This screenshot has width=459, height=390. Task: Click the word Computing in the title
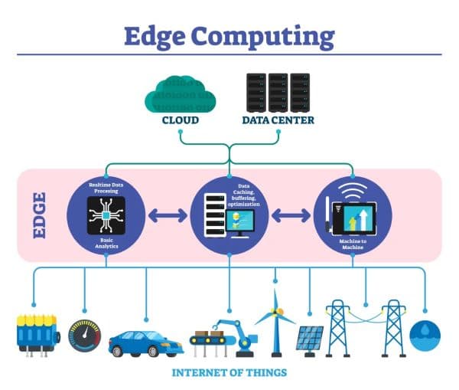pyautogui.click(x=274, y=36)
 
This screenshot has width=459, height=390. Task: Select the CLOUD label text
pyautogui.click(x=180, y=120)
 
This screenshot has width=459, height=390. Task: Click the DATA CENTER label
pyautogui.click(x=278, y=120)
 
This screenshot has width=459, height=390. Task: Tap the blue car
pyautogui.click(x=145, y=340)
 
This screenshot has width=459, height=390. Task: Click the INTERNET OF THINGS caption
pyautogui.click(x=229, y=373)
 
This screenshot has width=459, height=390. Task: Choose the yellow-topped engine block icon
pyautogui.click(x=37, y=334)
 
